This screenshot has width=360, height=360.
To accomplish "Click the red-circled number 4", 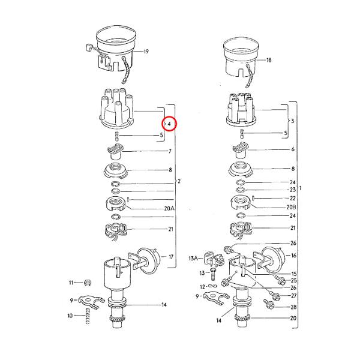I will tap(170, 124).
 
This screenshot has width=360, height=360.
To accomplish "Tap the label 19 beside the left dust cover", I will tap(145, 52).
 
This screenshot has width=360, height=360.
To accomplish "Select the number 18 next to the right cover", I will tap(269, 60).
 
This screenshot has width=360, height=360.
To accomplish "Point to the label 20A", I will tap(169, 208).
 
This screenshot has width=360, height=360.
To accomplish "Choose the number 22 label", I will tap(293, 198).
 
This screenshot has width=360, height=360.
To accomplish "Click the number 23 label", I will tap(293, 190).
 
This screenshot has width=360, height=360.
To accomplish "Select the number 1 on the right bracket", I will tap(301, 188).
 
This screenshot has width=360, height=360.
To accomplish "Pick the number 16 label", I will tap(293, 256).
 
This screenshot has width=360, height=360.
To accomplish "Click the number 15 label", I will tap(293, 274).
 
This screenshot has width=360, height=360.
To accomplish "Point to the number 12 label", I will tap(203, 286).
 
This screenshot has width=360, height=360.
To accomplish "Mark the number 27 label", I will tap(293, 295).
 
